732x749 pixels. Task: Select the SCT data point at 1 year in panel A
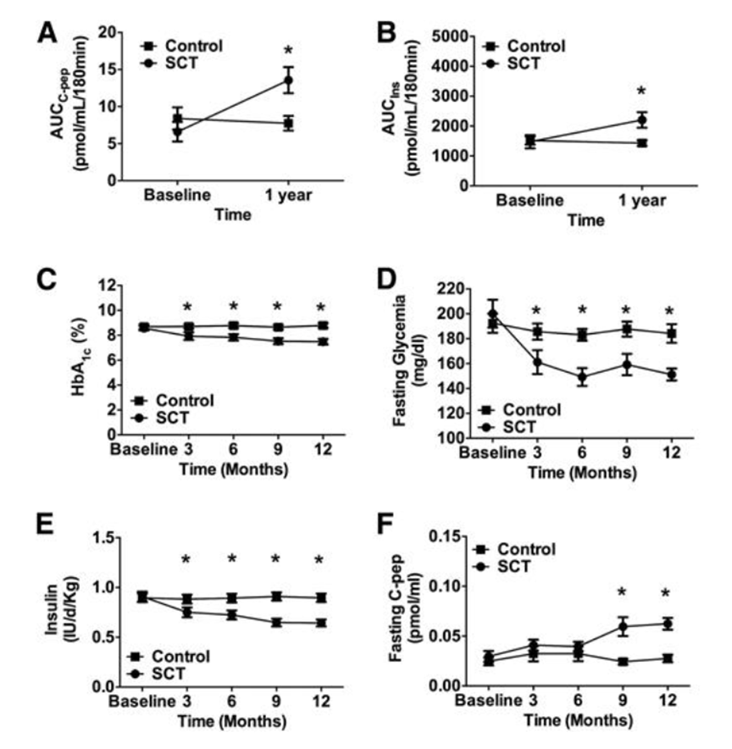point(288,80)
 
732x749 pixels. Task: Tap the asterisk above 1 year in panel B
point(641,92)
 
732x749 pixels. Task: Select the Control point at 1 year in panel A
point(288,124)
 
